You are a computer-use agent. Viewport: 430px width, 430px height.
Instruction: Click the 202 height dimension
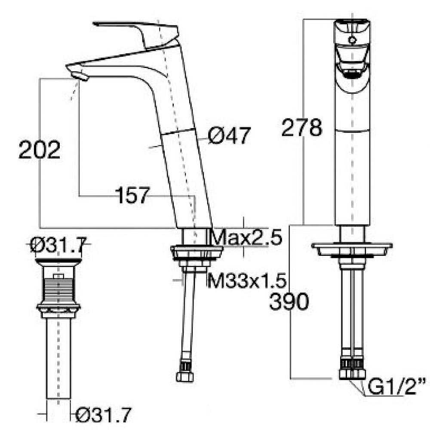pos(40,150)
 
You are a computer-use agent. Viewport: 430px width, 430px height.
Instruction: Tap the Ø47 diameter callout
pos(229,135)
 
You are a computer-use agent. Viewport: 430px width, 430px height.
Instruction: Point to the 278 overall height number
pos(301,127)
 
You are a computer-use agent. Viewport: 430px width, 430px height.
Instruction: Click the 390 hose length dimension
pos(289,301)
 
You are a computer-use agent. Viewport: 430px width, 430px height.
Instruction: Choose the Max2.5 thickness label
pos(247,237)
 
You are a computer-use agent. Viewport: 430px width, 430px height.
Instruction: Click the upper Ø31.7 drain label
pos(58,245)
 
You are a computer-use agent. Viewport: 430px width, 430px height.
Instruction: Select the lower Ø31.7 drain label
pos(103,415)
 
